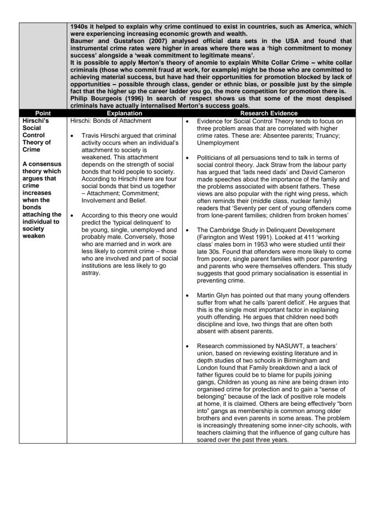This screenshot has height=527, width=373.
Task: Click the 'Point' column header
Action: pyautogui.click(x=43, y=113)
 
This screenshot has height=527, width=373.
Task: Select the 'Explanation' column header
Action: pyautogui.click(x=124, y=113)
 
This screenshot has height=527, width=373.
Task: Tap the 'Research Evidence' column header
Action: pyautogui.click(x=268, y=113)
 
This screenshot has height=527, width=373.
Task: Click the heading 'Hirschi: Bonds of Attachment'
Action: pyautogui.click(x=111, y=121)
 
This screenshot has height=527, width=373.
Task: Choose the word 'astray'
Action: pyautogui.click(x=91, y=273)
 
